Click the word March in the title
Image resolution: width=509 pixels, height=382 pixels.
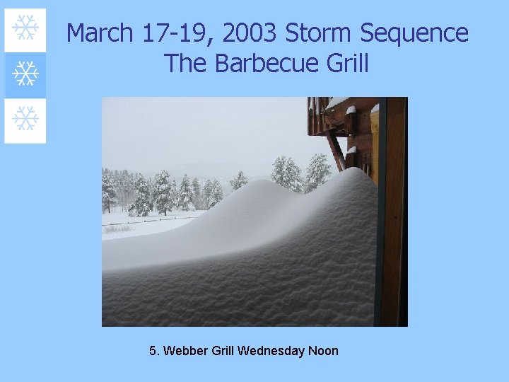pyautogui.click(x=100, y=33)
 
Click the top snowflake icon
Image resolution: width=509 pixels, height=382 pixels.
pyautogui.click(x=25, y=28)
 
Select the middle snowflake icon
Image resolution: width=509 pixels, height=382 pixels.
pyautogui.click(x=25, y=74)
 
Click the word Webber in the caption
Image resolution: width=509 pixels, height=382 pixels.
pyautogui.click(x=184, y=351)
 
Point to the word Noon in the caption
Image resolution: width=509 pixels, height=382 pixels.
pyautogui.click(x=324, y=351)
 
